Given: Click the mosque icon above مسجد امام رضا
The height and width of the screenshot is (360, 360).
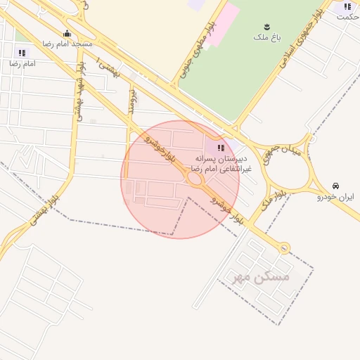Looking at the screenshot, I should point(67,33).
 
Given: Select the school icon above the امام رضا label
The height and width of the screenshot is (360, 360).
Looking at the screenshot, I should point(21,53).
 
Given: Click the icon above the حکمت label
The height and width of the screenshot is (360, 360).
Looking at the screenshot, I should point(347,6).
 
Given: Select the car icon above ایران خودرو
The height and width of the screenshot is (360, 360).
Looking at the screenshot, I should point(336,186).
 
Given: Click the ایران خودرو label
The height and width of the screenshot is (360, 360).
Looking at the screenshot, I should point(336,197).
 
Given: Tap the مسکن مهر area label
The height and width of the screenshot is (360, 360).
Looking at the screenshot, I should point(262,277).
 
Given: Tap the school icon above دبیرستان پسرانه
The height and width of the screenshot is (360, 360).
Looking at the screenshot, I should point(221,148).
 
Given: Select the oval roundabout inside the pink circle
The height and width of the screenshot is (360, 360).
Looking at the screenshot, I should point(194,180).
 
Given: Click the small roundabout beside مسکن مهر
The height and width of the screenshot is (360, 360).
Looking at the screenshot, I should point(283,247).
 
